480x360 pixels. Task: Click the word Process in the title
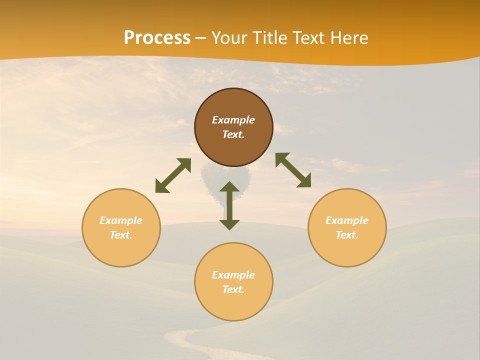point(157,38)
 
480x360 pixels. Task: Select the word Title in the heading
point(272,38)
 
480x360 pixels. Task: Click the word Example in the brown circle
point(233,120)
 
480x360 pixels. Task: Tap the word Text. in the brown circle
point(233,134)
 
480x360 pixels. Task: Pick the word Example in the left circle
point(121,220)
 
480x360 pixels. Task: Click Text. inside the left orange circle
point(121,235)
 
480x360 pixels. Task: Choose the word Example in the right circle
point(347,220)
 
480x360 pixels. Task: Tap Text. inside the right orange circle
point(347,235)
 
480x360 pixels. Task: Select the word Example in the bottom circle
point(233,275)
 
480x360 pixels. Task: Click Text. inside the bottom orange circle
point(233,289)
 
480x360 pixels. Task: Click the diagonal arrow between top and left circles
point(173,175)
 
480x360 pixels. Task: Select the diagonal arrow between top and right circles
point(293,170)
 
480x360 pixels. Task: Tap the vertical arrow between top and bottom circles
point(229,205)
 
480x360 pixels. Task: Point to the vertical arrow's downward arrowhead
point(229,224)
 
